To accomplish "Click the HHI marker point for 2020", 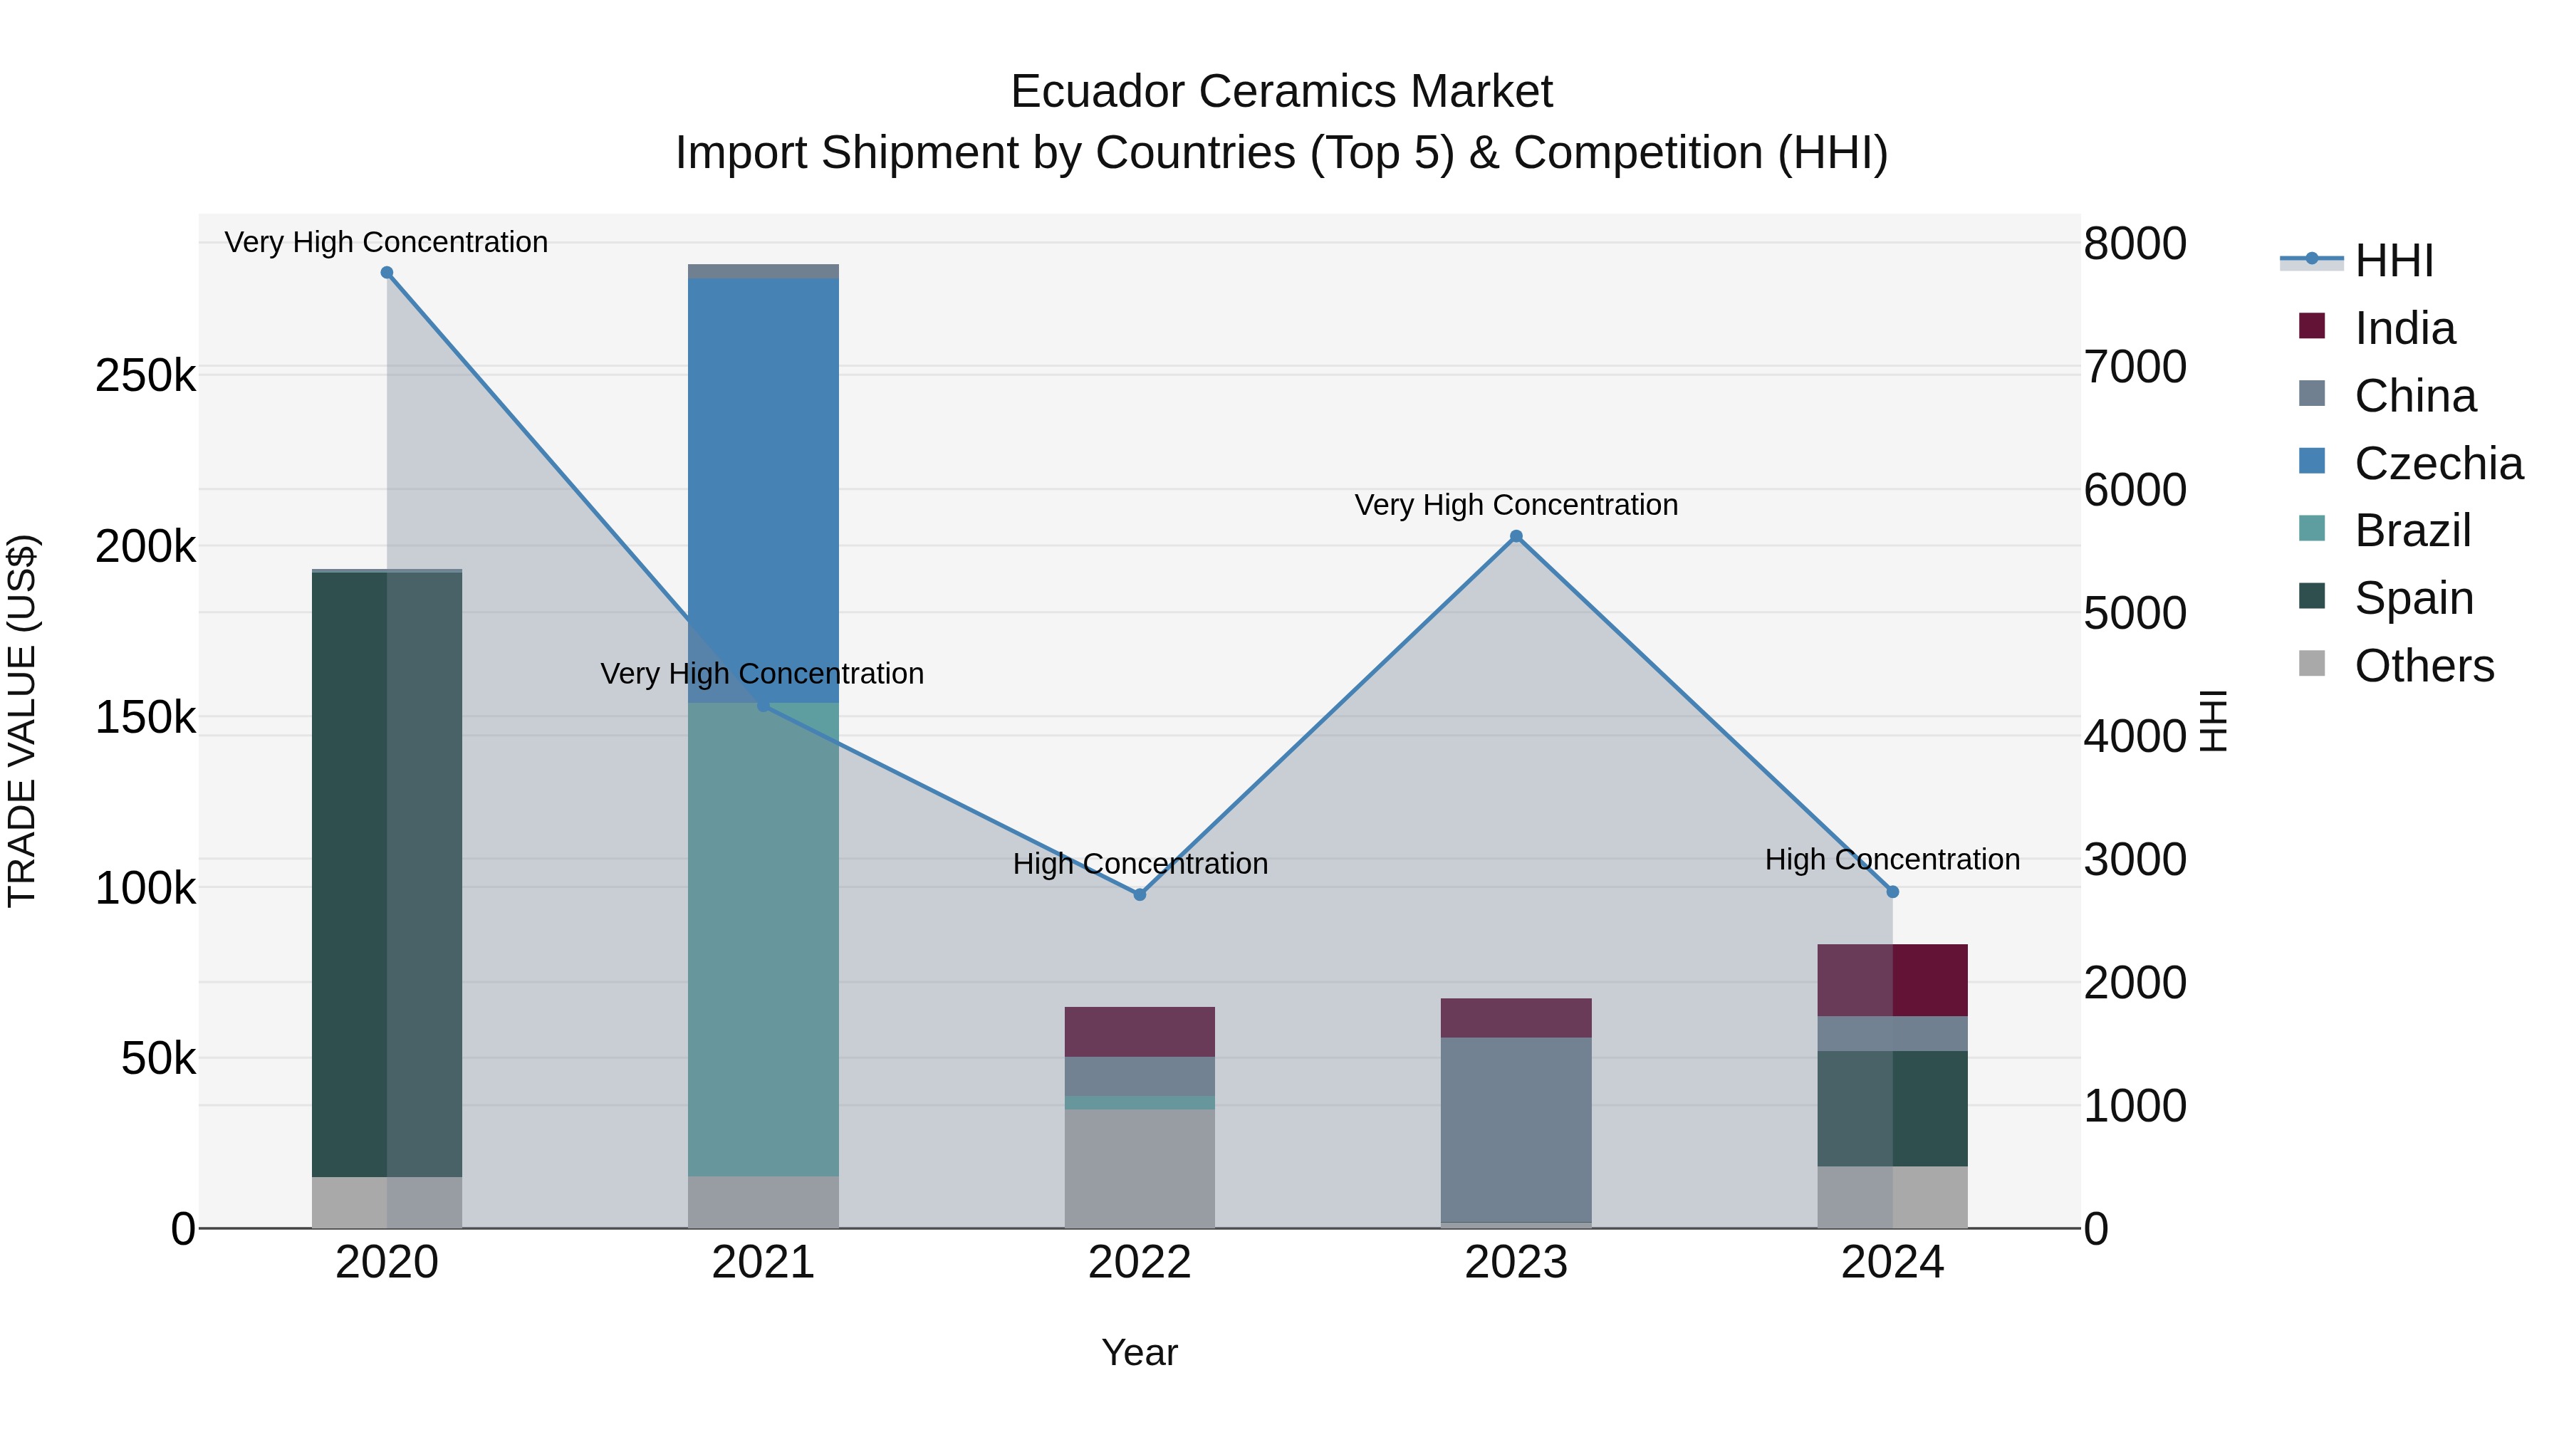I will tap(387, 273).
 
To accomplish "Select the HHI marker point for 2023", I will tap(1516, 536).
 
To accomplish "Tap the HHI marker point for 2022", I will tap(1140, 894).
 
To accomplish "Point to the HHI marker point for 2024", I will tap(1892, 892).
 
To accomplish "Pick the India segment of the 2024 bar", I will tap(1892, 981).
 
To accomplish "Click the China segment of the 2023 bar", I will tap(1516, 1129).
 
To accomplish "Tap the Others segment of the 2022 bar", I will tap(1140, 1169).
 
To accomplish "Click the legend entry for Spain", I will tap(2413, 598).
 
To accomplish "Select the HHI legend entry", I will tap(2393, 261).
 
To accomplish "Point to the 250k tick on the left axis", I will tap(145, 376).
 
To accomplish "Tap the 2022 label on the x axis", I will tap(1140, 1263).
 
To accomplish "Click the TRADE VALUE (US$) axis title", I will tap(22, 721).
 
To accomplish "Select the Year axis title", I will tap(1140, 1352).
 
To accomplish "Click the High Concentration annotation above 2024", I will tap(1892, 859).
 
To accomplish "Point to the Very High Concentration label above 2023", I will tap(1516, 505).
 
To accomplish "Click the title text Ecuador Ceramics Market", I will tap(1281, 92).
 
